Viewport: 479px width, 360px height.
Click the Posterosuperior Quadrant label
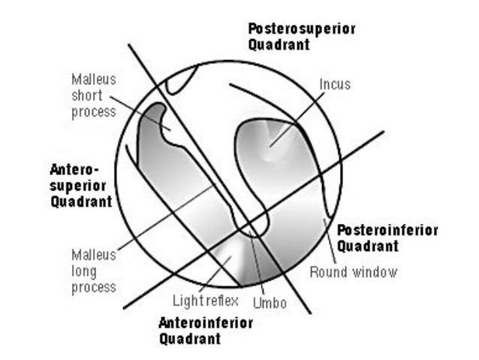click(x=301, y=36)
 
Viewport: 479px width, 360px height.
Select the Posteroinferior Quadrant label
click(x=387, y=237)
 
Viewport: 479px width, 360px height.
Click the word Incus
click(x=334, y=84)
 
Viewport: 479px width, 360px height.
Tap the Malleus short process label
click(x=94, y=95)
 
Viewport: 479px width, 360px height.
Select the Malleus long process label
click(x=94, y=271)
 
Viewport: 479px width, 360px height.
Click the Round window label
click(x=353, y=271)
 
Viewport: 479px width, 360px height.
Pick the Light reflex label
click(x=205, y=301)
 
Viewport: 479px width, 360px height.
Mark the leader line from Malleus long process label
click(x=165, y=218)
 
